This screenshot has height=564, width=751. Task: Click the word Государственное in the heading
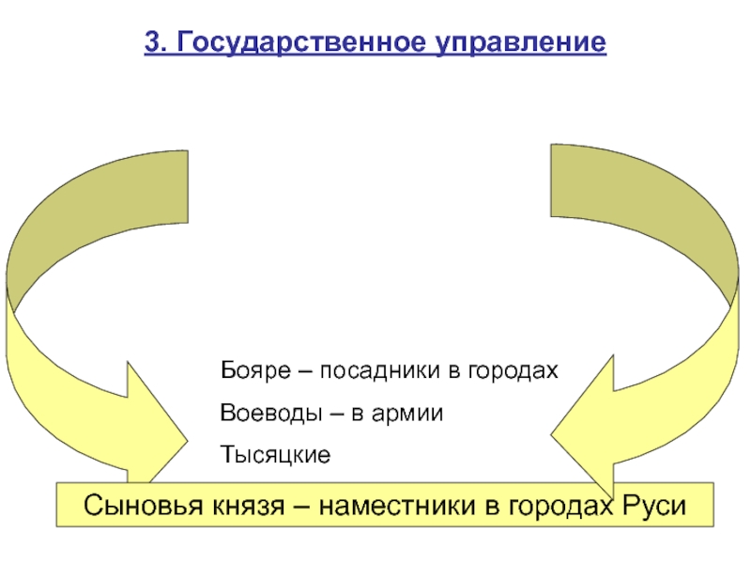tap(301, 43)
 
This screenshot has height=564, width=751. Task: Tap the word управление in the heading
tap(521, 43)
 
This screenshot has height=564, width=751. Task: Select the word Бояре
tap(255, 370)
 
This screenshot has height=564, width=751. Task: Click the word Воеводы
tap(270, 414)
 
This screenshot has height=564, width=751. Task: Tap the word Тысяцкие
tap(275, 455)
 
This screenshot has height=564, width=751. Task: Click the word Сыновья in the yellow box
tap(144, 506)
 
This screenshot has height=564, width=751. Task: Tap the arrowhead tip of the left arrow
tap(188, 440)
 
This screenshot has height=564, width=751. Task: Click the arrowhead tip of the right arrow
tap(550, 435)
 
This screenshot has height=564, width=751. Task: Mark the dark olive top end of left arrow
tap(188, 186)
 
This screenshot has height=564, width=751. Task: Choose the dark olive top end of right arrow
tap(551, 180)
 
